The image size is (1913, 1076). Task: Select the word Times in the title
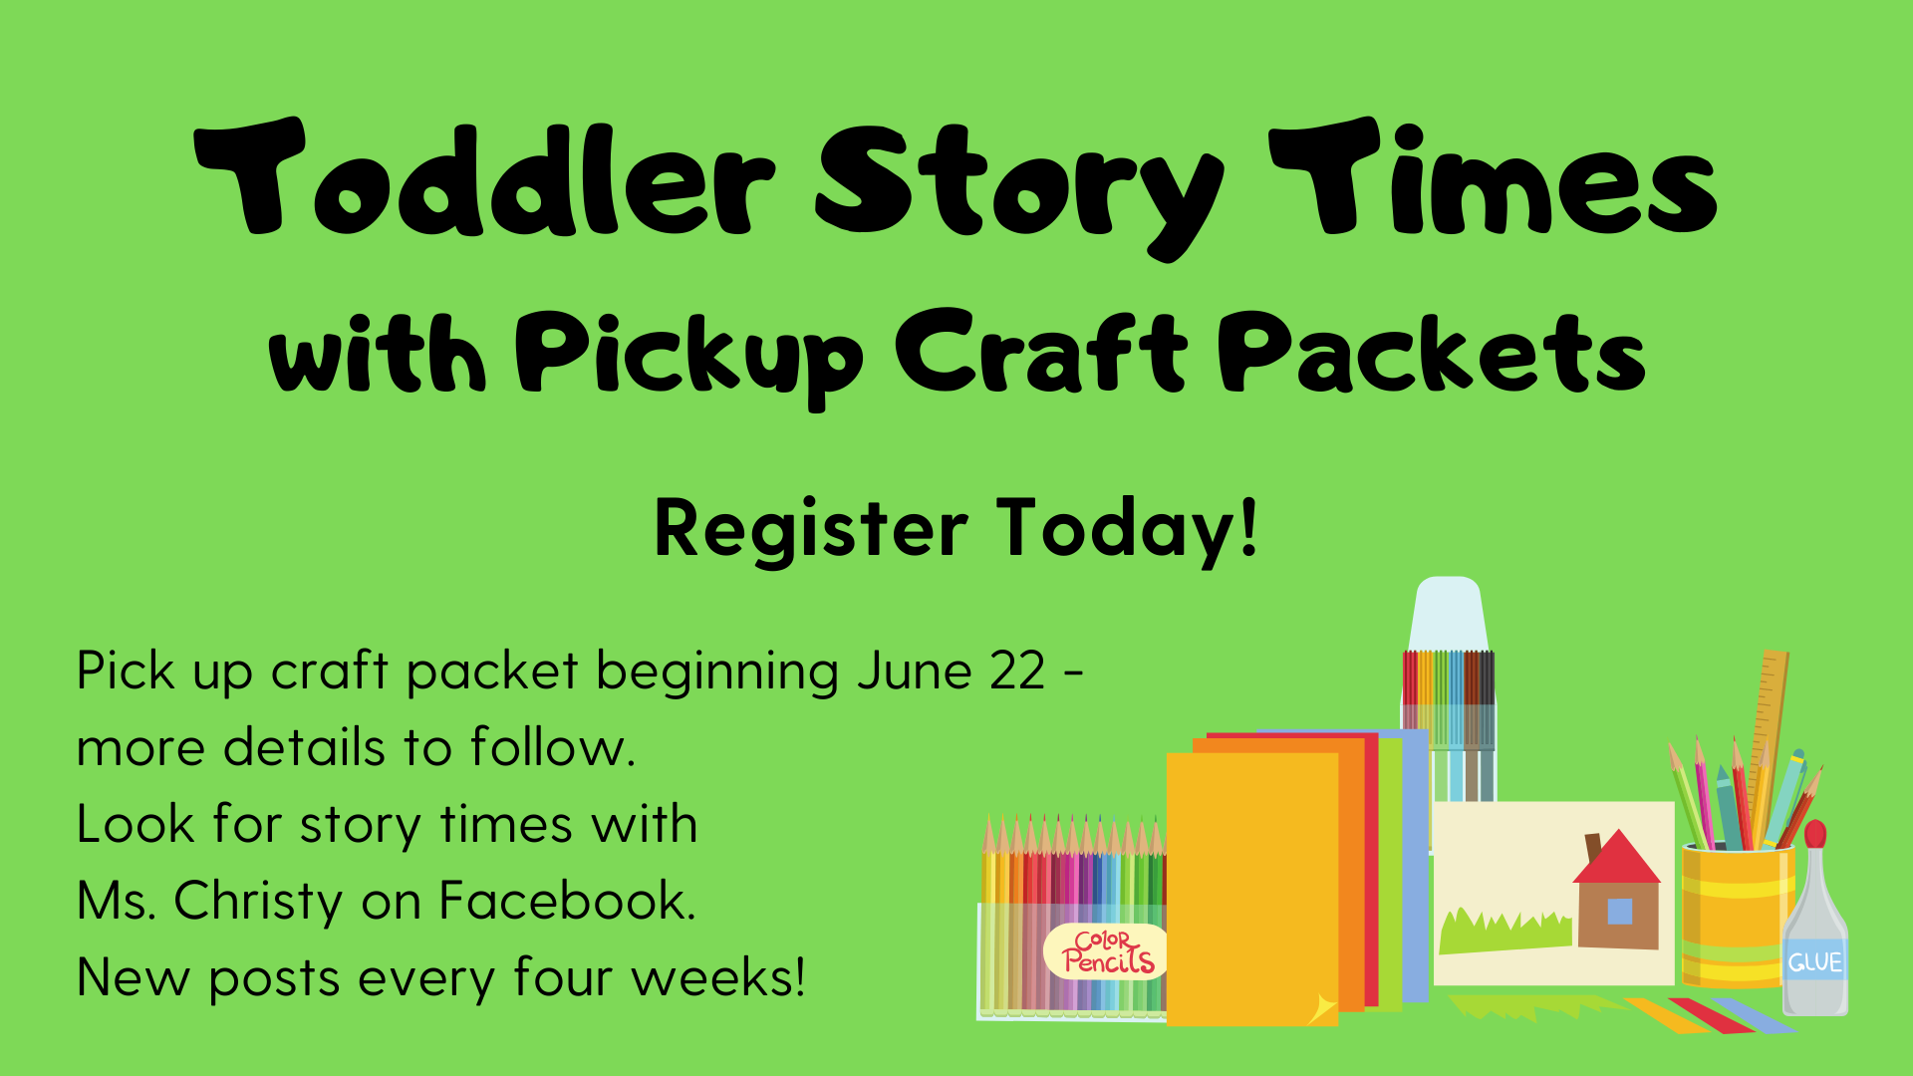click(1494, 177)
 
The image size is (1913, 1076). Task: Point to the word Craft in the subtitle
click(1041, 350)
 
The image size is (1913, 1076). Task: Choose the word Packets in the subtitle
click(1432, 350)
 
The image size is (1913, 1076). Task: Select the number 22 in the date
click(1017, 671)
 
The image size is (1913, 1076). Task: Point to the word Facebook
click(567, 901)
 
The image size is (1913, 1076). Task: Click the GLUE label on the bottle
click(1814, 962)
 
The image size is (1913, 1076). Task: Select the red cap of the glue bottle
click(1815, 834)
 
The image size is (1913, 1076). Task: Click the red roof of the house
click(1617, 858)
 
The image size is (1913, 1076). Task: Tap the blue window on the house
click(1620, 911)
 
